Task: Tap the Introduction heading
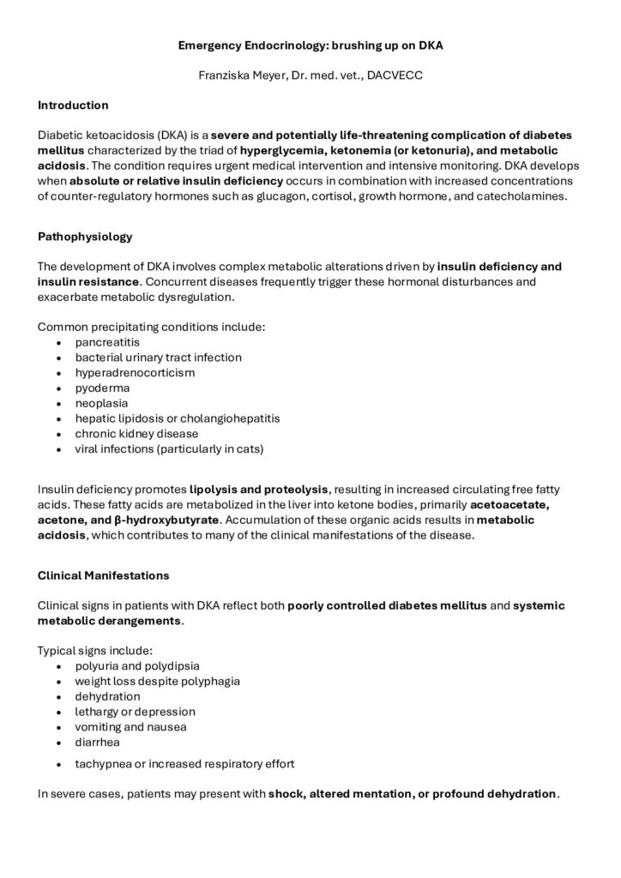tap(73, 105)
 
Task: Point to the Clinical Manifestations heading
tap(103, 575)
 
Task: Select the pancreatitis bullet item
tap(106, 341)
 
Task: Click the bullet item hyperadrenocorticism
tap(135, 372)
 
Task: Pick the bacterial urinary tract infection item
tap(158, 357)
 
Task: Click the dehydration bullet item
tap(107, 696)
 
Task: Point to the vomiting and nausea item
tap(130, 727)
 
